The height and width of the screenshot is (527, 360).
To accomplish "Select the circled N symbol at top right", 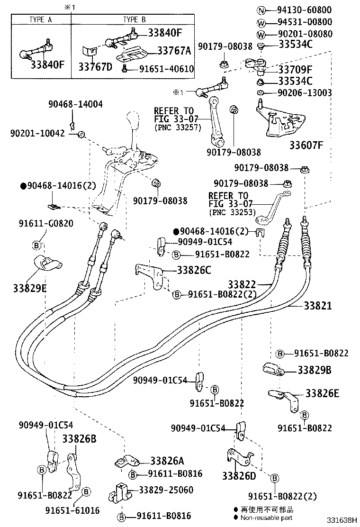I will tap(260, 10).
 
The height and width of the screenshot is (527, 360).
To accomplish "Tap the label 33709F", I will tap(301, 69).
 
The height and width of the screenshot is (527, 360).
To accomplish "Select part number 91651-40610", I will tap(166, 69).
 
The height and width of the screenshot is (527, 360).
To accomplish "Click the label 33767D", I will tap(95, 66).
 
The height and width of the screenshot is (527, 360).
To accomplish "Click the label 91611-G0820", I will tap(46, 223).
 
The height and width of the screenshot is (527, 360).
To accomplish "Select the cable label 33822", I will tap(242, 284).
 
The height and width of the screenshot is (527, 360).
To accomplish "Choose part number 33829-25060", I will tap(166, 490).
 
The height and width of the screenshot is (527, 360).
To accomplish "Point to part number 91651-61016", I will tap(72, 510).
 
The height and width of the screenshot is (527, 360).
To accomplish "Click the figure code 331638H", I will tap(340, 520).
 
